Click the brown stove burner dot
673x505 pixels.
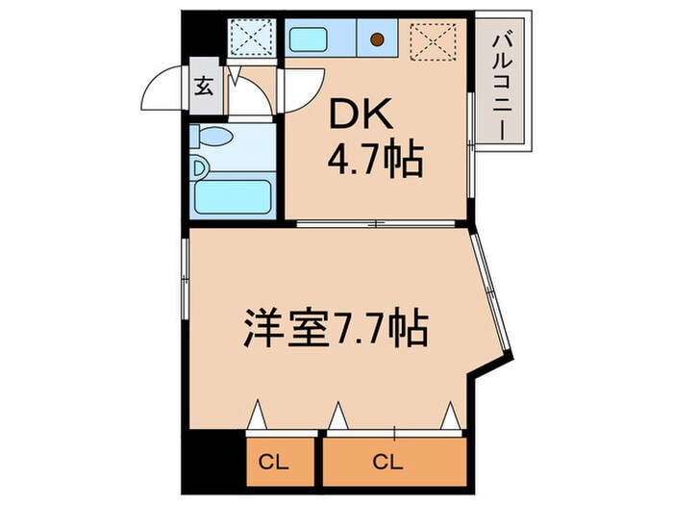[378, 40]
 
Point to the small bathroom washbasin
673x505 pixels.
[200, 166]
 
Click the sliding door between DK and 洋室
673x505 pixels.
[381, 224]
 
